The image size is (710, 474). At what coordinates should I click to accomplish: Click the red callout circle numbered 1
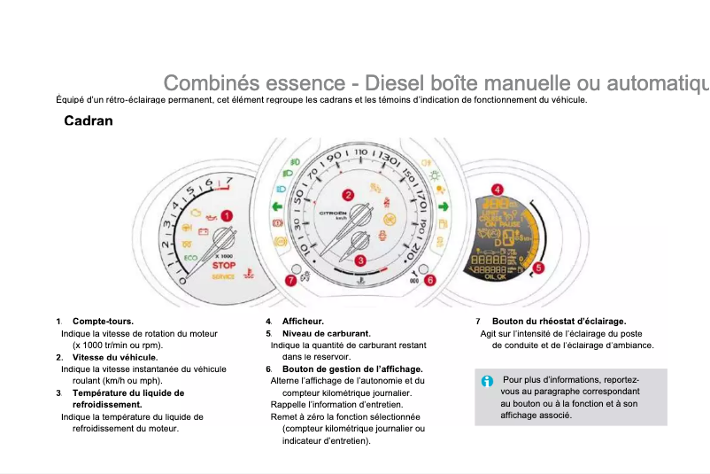pos(227,215)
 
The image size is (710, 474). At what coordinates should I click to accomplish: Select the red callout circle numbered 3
pos(360,260)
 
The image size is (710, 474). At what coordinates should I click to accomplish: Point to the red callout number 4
pos(498,189)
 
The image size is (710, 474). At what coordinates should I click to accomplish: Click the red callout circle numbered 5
pos(539,267)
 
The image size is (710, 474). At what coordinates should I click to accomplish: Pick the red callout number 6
pos(430,280)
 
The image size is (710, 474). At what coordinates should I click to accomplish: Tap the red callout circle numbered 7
pos(291,280)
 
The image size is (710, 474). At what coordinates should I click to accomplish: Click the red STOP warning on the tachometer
pos(224,265)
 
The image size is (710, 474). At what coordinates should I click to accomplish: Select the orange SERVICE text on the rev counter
pos(223,276)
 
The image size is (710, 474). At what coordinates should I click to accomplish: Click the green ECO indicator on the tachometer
pos(191,258)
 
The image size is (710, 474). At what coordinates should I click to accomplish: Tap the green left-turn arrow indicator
pos(276,207)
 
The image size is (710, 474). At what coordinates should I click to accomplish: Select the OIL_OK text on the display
pos(497,276)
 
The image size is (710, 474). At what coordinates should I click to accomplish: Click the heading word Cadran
pos(89,120)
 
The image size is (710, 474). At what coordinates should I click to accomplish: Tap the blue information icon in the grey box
pos(487,381)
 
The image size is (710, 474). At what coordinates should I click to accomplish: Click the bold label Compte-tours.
pos(103,321)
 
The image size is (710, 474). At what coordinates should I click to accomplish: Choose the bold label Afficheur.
pos(303,321)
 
